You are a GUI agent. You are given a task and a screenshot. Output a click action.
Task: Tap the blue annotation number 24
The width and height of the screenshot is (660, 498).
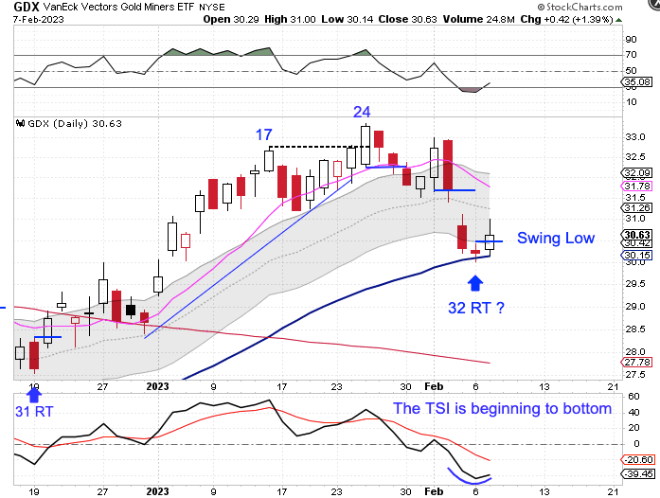[x=362, y=111]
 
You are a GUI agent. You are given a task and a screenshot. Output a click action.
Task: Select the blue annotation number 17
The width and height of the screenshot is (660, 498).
[x=264, y=135]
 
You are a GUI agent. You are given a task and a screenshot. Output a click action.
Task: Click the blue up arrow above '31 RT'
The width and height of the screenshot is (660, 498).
[x=34, y=391]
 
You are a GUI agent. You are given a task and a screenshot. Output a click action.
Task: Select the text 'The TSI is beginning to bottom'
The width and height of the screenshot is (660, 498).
[x=502, y=410]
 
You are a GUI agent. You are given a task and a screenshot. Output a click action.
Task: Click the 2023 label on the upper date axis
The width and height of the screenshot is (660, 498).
[x=157, y=386]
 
